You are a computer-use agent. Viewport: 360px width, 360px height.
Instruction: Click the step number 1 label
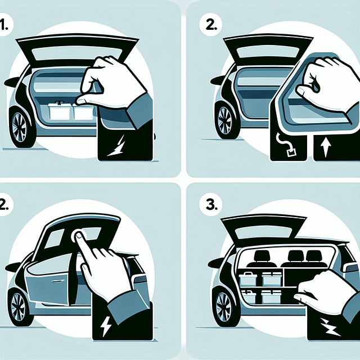coord(6,26)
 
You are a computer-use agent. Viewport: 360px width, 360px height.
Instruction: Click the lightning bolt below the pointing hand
coord(106,327)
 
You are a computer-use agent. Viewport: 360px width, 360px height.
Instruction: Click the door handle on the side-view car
coord(58,280)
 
